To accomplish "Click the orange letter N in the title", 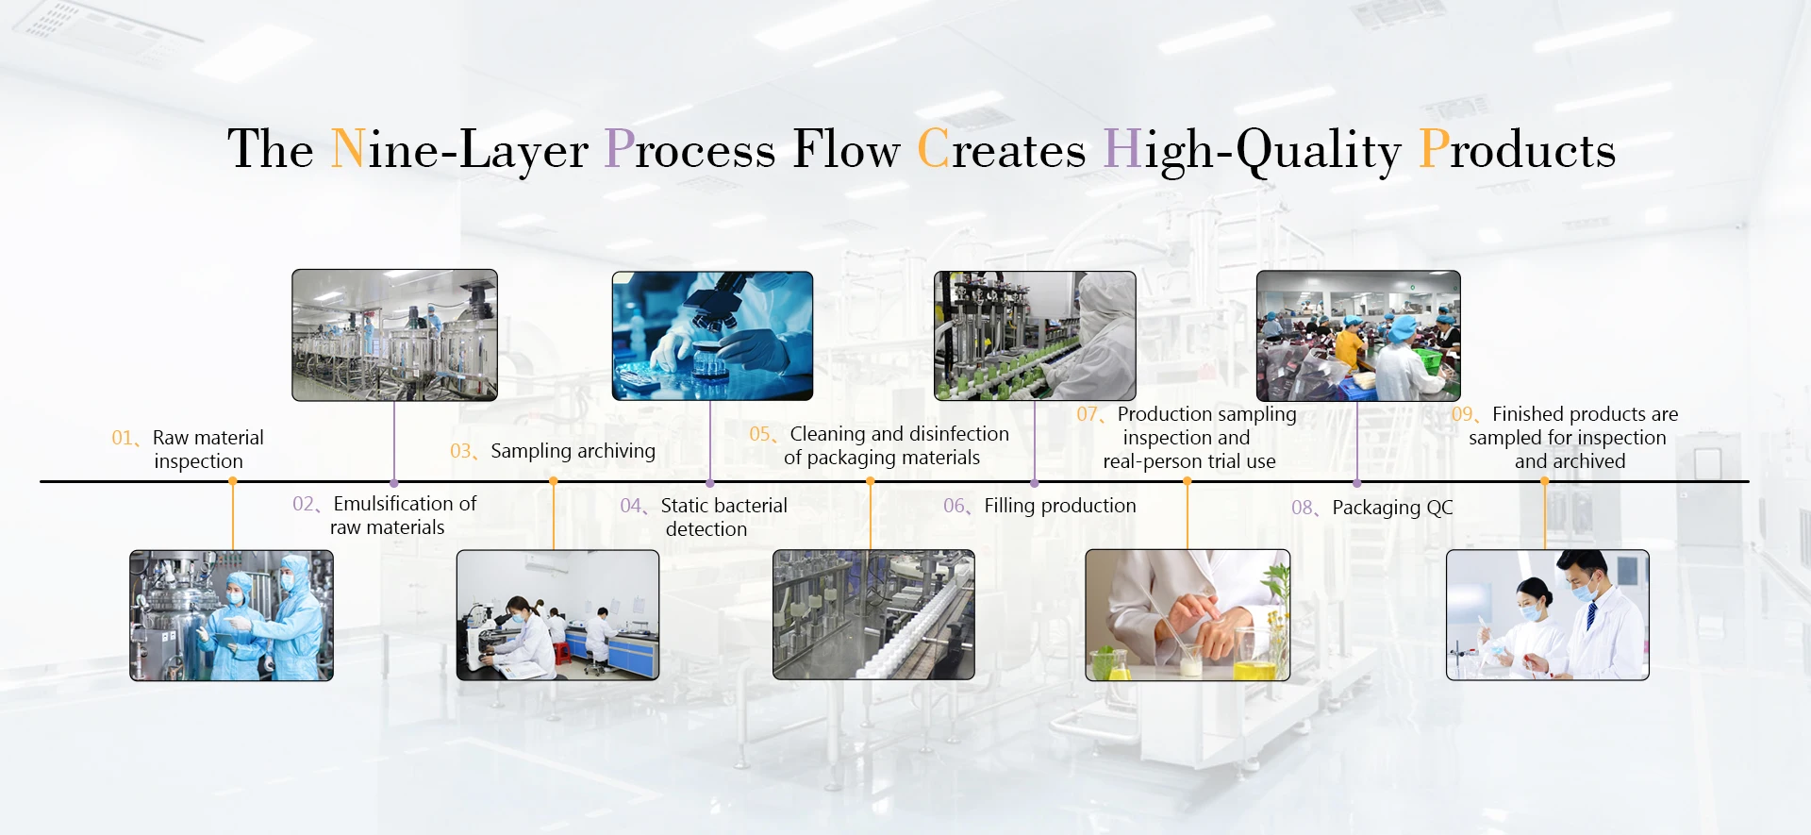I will pos(348,149).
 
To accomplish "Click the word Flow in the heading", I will pos(846,149).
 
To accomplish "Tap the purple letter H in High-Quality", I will pos(1121,149).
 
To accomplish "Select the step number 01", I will pos(123,438).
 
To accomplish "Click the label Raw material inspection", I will pos(208,449).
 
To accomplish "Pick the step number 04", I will pos(631,506).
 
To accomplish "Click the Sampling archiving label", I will pos(573,451).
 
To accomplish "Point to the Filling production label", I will pos(1059,506).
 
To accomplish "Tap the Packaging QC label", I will pos(1392,508).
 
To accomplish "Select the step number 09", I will pos(1462,414).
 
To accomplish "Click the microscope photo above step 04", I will pos(712,336).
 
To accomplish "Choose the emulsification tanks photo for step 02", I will pos(394,335).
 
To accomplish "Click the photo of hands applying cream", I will pos(1187,614).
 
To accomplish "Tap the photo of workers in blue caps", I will pos(1358,336).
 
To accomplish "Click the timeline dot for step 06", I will pos(1035,483).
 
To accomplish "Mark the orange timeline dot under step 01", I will pos(232,481).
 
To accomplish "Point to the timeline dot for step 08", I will pos(1357,483).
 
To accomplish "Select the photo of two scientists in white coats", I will pos(1547,614).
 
